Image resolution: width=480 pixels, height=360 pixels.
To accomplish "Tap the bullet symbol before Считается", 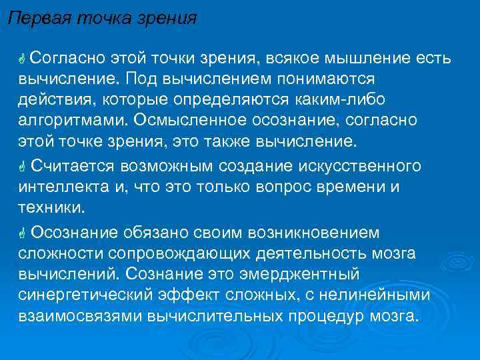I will click(x=22, y=165).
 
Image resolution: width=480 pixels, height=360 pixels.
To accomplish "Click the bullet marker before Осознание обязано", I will click(x=22, y=233).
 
